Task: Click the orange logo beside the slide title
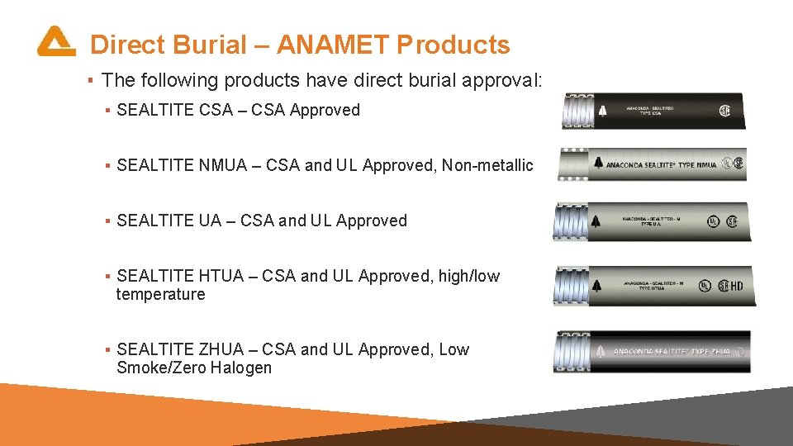(x=56, y=41)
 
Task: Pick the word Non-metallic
(x=487, y=166)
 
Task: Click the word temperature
(x=160, y=295)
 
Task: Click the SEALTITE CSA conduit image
(x=653, y=111)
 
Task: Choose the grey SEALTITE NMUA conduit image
(x=653, y=164)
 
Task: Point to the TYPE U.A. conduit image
(x=653, y=221)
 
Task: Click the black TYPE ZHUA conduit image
(x=652, y=352)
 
